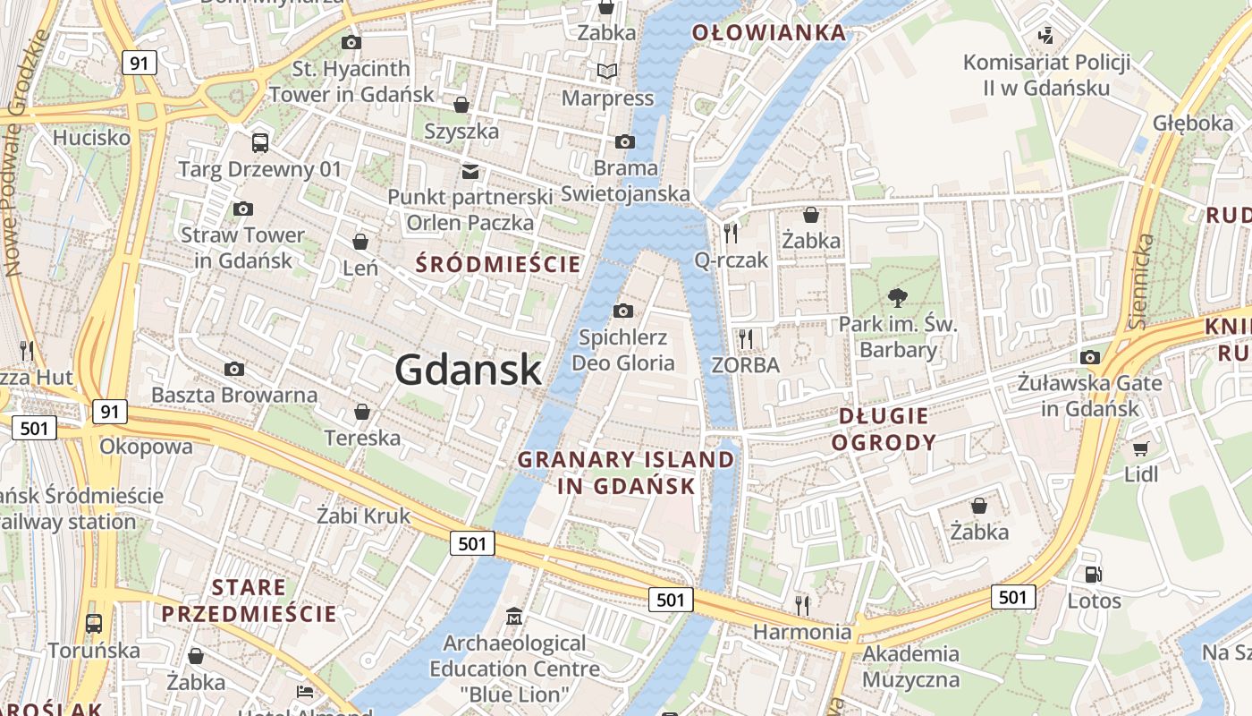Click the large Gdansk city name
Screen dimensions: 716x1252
(x=468, y=370)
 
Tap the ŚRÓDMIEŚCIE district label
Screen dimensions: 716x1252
(x=499, y=264)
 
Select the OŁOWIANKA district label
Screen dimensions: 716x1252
(x=769, y=33)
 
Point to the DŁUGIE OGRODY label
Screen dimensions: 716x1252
(x=884, y=429)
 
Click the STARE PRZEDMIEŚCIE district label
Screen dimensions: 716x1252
(x=250, y=601)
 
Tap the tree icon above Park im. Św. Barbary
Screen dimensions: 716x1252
(x=897, y=299)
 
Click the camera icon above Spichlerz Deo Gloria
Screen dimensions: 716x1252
(x=623, y=311)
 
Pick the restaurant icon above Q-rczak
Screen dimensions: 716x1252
(x=732, y=234)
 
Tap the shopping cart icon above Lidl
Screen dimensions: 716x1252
(x=1140, y=448)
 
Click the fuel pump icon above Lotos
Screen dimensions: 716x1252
(x=1093, y=575)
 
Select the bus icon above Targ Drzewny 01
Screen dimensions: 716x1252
(x=259, y=142)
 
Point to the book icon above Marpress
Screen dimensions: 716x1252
(x=607, y=71)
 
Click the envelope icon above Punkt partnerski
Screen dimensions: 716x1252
(x=469, y=171)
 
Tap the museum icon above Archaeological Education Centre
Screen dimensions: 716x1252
(x=514, y=617)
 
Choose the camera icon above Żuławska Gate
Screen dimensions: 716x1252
(x=1089, y=358)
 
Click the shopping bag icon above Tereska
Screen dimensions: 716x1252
(x=362, y=412)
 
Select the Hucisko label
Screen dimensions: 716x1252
(x=91, y=138)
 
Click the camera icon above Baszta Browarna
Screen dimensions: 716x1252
(x=234, y=369)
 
